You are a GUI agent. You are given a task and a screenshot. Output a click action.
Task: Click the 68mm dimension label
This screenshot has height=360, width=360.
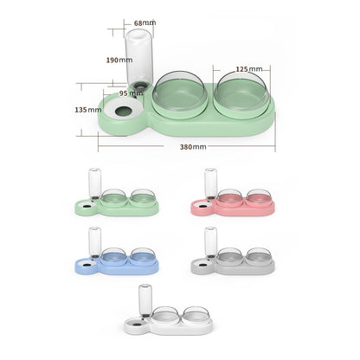click(145, 23)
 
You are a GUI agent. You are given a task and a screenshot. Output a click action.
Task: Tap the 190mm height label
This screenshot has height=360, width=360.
click(119, 61)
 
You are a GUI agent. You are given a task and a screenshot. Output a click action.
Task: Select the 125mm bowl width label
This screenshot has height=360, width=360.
click(249, 67)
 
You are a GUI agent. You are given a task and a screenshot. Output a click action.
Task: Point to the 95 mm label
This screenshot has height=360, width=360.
click(131, 93)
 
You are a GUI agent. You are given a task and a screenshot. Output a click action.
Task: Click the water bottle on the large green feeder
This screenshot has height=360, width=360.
click(138, 59)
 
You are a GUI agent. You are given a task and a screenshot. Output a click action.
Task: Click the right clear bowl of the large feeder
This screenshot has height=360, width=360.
click(241, 91)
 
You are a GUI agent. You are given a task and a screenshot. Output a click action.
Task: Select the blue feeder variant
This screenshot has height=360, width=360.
click(116, 257)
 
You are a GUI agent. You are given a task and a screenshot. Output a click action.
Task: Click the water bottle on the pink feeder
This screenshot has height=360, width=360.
click(210, 183)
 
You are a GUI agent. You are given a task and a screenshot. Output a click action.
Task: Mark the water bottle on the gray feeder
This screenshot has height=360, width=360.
click(210, 241)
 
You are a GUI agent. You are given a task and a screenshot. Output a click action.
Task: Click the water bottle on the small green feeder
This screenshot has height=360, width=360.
click(94, 183)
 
